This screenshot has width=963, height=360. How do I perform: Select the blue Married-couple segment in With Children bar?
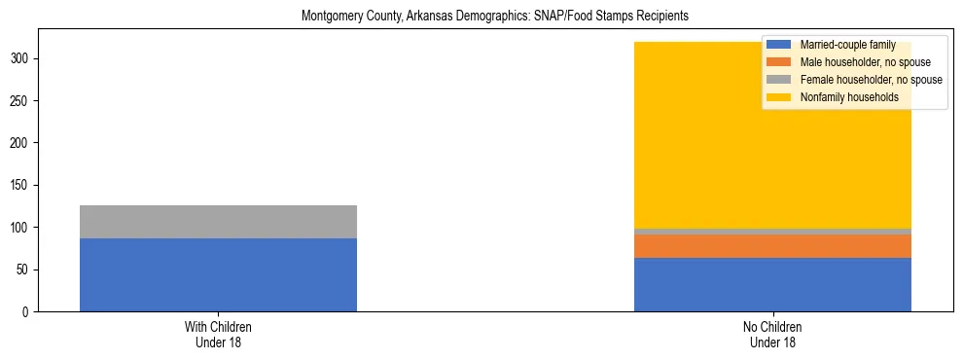(x=218, y=274)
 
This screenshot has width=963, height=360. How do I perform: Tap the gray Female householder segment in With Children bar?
(x=218, y=222)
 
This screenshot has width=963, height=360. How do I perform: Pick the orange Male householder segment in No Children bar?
(x=772, y=246)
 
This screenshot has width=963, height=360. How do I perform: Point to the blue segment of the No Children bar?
(x=772, y=284)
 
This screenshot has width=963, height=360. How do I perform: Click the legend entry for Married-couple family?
(x=847, y=45)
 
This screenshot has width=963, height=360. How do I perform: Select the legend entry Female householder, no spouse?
(x=872, y=80)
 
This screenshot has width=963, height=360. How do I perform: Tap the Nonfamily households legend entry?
(x=848, y=97)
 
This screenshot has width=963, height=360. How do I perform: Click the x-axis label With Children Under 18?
(x=218, y=335)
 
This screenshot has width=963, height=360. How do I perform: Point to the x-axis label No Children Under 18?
(x=772, y=335)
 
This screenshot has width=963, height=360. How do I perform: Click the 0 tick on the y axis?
(x=28, y=312)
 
